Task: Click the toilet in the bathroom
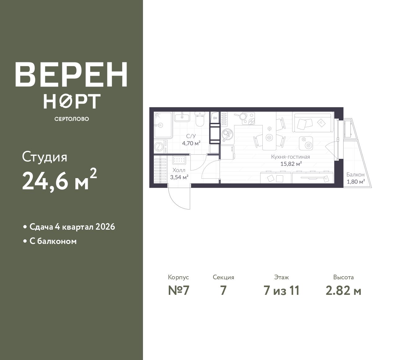click(200, 119)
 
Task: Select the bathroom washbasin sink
click(182, 117)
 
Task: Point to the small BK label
click(215, 118)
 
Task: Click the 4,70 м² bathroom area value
click(191, 143)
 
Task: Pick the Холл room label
click(179, 170)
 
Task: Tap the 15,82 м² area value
click(291, 164)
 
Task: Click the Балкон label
click(355, 174)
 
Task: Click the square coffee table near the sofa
click(306, 143)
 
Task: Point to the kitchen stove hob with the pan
click(244, 118)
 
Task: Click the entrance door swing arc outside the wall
click(179, 198)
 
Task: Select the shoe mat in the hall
click(179, 160)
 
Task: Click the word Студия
click(45, 157)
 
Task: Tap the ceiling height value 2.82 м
click(344, 291)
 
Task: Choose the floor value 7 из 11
click(281, 291)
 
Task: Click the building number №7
click(179, 291)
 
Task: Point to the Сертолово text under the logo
click(72, 119)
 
